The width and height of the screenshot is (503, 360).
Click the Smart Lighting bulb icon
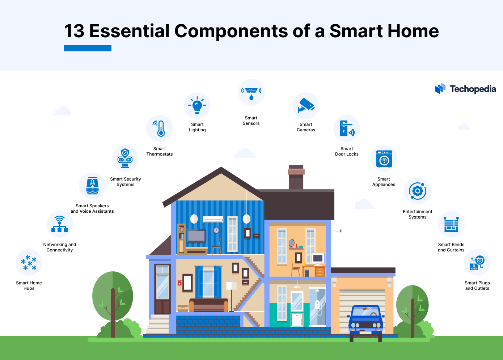pos(197,106)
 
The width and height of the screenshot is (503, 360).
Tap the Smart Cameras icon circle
pos(306,106)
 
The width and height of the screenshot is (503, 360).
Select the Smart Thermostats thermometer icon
pos(160,128)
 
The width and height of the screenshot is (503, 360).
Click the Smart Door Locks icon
pos(347,128)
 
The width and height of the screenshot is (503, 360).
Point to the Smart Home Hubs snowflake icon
pos(29,262)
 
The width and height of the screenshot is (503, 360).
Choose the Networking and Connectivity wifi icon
pos(60,224)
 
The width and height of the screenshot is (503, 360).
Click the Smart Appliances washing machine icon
pos(384,158)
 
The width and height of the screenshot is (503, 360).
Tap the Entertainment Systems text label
pos(417,214)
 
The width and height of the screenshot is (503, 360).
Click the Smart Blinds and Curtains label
pos(451,247)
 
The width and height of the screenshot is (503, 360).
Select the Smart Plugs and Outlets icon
pos(477,263)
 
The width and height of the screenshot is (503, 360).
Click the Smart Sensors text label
pos(251,120)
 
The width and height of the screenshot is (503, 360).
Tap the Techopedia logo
pos(465,89)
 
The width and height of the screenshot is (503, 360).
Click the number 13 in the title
pos(74,31)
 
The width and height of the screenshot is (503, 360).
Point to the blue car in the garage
pos(366,320)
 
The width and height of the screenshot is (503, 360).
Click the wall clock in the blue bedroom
pos(216,230)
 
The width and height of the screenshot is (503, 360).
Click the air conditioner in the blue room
pos(213,219)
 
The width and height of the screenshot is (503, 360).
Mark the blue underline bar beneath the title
pos(88,48)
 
